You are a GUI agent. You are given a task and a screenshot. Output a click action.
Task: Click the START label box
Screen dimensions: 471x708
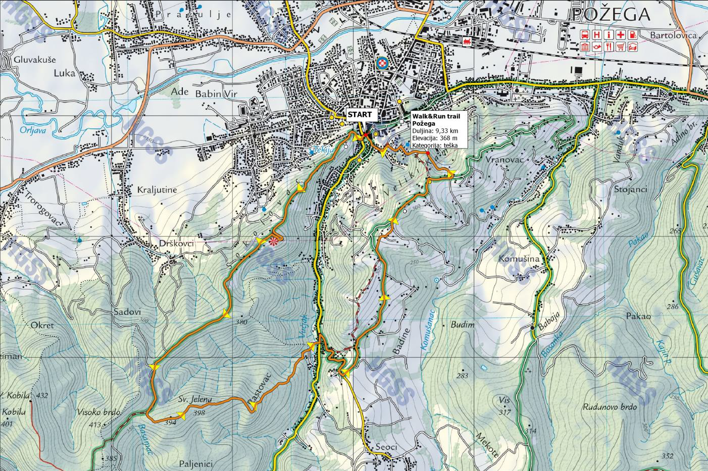click(x=360, y=114)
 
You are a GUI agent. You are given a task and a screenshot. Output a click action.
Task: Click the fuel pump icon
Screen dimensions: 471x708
click(x=633, y=35)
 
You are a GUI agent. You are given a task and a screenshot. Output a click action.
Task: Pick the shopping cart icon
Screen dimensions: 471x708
click(x=621, y=47)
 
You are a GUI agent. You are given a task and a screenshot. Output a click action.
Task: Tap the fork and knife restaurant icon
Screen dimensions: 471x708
click(x=609, y=47)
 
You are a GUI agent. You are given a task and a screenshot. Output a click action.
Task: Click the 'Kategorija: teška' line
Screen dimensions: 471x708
click(x=435, y=146)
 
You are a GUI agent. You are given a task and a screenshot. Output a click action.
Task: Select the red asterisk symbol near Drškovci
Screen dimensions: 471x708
click(x=274, y=242)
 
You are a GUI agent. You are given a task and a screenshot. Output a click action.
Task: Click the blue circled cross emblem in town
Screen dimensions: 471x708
click(x=383, y=63)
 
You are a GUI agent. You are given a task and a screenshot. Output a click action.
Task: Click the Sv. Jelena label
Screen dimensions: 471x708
click(x=194, y=399)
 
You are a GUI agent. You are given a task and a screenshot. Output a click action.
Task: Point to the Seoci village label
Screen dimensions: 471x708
click(x=387, y=447)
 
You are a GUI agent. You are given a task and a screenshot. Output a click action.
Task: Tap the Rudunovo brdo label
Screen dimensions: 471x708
click(x=610, y=407)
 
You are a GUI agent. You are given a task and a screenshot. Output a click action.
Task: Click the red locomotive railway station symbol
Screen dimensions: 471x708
click(x=467, y=42)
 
